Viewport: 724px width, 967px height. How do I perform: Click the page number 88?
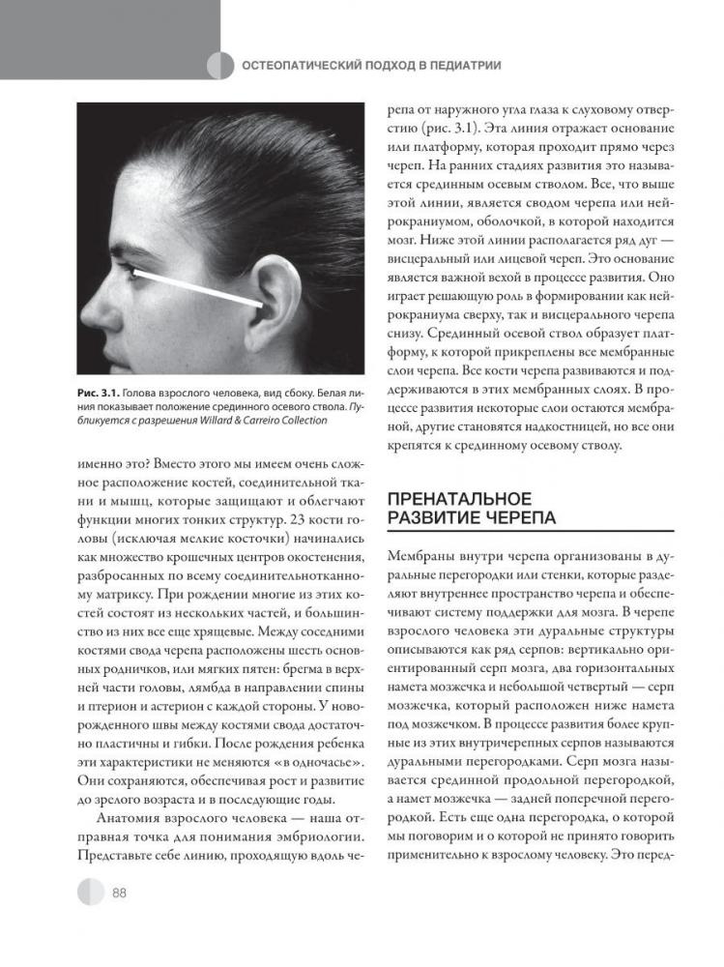pos(120,892)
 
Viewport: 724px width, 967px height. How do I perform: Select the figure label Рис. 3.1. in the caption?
pos(100,391)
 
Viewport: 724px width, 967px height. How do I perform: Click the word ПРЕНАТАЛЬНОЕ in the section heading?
pos(459,499)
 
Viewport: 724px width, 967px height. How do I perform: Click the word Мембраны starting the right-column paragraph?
pos(421,558)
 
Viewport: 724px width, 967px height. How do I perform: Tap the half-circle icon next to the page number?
pos(91,892)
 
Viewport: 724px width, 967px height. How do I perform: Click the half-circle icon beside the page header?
pos(221,66)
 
